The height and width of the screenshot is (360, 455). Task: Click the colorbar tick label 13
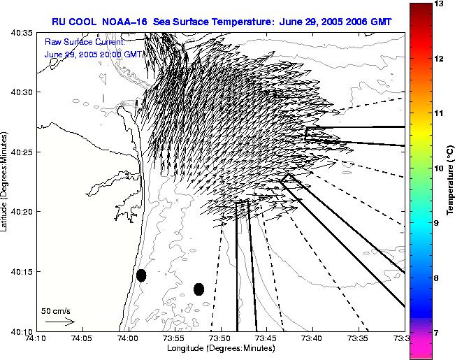pyautogui.click(x=440, y=4)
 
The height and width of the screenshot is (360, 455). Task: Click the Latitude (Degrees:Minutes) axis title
pyautogui.click(x=6, y=181)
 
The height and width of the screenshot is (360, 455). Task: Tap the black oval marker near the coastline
pyautogui.click(x=141, y=275)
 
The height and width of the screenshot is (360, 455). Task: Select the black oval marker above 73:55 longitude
pyautogui.click(x=198, y=289)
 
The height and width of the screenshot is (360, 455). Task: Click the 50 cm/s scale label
pyautogui.click(x=56, y=310)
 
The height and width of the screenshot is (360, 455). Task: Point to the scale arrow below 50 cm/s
pyautogui.click(x=59, y=322)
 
